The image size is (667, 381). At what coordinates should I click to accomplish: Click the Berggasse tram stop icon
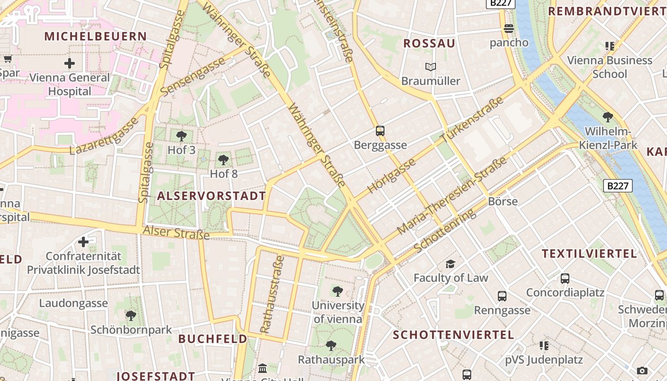(380, 130)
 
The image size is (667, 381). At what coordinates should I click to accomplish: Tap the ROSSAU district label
(429, 44)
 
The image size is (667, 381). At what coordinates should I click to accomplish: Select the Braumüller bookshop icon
(431, 67)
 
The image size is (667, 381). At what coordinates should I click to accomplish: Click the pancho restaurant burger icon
(509, 29)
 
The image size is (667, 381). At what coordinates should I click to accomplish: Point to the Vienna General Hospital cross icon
(70, 63)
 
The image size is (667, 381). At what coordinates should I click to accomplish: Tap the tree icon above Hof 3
(182, 136)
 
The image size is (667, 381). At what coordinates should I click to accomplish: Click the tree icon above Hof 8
(223, 160)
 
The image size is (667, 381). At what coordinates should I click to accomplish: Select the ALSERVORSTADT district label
(212, 196)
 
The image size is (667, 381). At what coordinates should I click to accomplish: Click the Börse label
(503, 201)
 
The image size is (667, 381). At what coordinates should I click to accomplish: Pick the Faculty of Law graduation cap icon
(450, 264)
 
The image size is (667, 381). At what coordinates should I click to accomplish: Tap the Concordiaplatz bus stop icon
(565, 279)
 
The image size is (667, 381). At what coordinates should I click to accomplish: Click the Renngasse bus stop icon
(502, 296)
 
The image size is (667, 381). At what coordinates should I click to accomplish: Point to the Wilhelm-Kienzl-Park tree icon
(607, 117)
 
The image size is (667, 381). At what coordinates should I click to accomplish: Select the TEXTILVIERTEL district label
(589, 253)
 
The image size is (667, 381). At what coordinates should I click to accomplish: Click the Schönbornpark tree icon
(131, 315)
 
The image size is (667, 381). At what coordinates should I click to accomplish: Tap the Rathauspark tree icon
(331, 346)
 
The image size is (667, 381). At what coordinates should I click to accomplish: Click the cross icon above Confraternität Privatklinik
(83, 242)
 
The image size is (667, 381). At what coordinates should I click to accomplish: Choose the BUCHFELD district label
(212, 339)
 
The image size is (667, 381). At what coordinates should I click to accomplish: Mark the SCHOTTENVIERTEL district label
(453, 335)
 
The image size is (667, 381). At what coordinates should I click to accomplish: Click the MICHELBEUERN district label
(96, 36)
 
